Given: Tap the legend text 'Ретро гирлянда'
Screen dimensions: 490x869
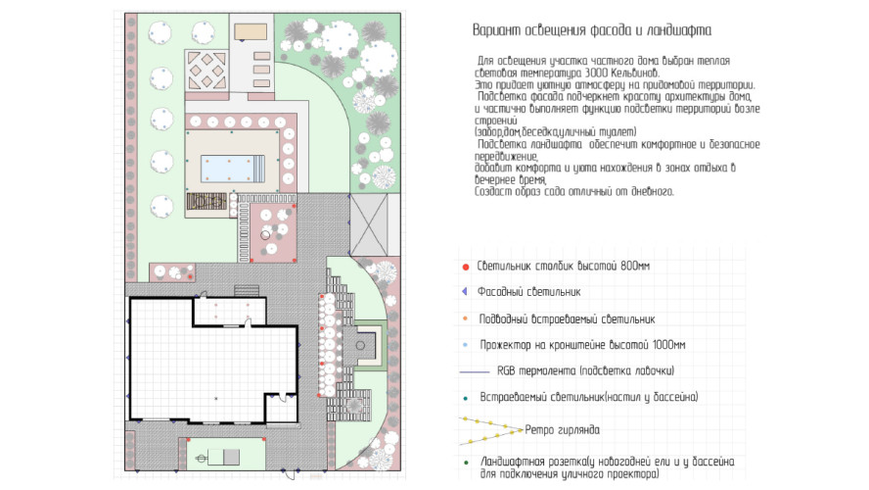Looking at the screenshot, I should (x=557, y=429).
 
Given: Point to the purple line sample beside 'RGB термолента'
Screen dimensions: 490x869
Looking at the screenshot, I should (x=474, y=372).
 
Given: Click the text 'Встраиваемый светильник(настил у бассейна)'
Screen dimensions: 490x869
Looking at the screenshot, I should (x=588, y=398).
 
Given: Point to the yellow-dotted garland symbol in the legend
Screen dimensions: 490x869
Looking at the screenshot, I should (x=489, y=429).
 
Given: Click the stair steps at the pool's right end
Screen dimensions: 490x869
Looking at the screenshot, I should (x=257, y=170).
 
